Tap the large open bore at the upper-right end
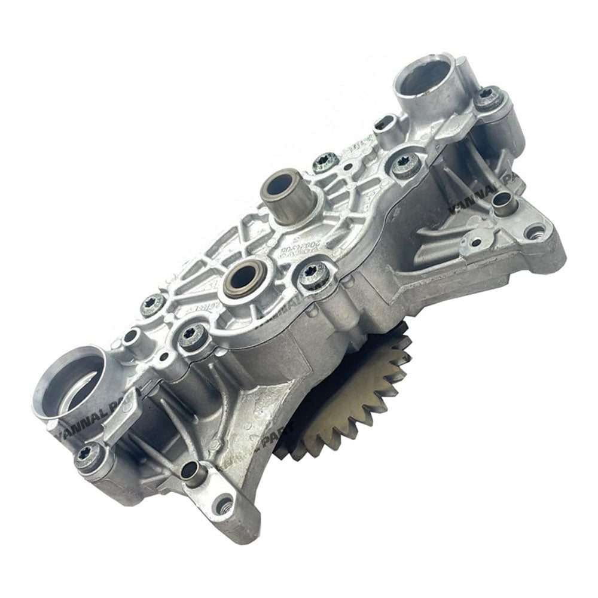click(425, 80)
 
